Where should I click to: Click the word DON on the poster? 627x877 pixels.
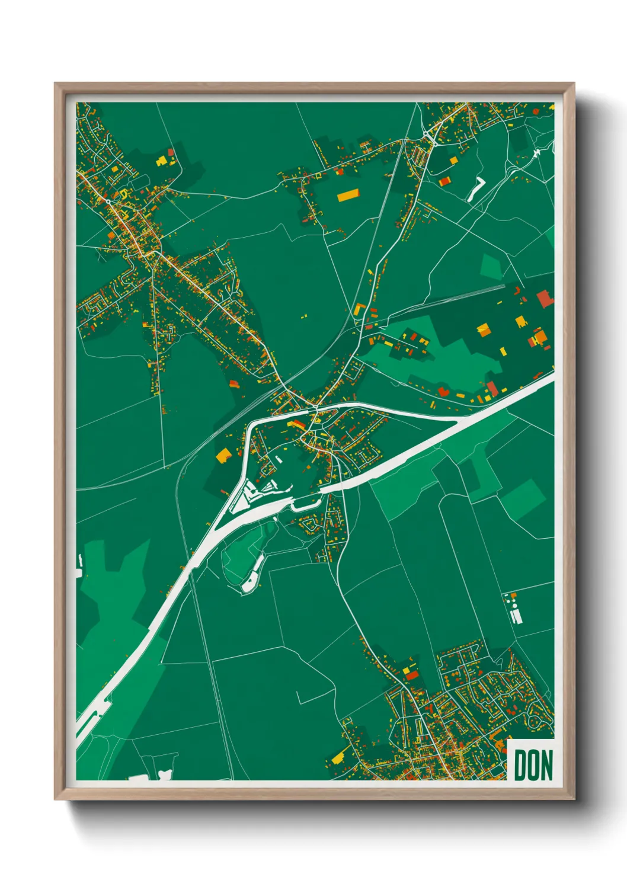(533, 765)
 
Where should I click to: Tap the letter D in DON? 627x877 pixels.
(520, 765)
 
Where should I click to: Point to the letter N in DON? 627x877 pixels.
(546, 765)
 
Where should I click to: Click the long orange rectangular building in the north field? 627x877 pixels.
(348, 195)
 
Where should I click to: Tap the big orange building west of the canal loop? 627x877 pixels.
(223, 455)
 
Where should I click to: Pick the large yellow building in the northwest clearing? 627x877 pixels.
(161, 160)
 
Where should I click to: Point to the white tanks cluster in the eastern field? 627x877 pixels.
(513, 609)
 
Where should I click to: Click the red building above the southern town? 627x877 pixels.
(411, 674)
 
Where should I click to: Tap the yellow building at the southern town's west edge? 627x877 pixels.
(338, 757)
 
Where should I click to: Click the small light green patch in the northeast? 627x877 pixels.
(491, 267)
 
